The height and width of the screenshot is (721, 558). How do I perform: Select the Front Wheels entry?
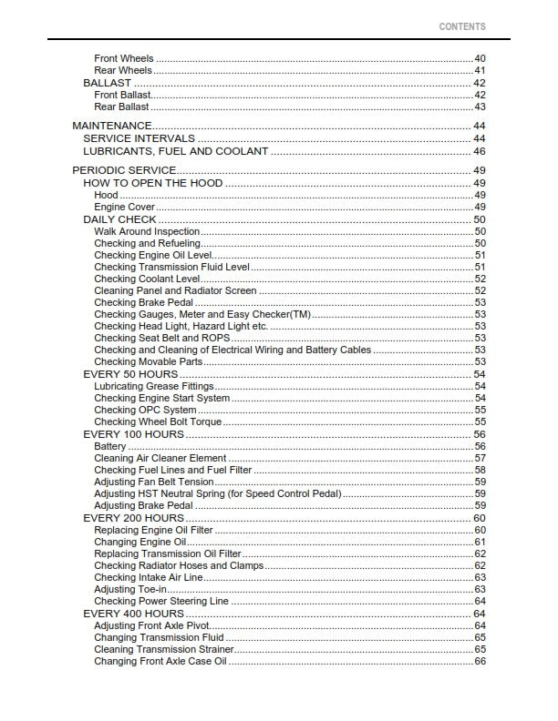tap(124, 59)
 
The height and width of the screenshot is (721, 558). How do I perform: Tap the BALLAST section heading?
tap(108, 83)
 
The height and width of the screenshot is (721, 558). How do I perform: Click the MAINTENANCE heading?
tap(111, 125)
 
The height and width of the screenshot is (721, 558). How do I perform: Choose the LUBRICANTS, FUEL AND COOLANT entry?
tap(175, 151)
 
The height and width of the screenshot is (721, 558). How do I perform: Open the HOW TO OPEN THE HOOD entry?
tap(152, 183)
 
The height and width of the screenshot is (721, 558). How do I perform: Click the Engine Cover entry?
tap(123, 208)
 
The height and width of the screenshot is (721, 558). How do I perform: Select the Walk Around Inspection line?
tap(147, 232)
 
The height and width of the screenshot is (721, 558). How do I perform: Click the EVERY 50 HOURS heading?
tap(130, 374)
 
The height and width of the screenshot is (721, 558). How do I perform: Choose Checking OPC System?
tap(145, 410)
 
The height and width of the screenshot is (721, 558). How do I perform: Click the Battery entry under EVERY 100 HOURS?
tap(110, 446)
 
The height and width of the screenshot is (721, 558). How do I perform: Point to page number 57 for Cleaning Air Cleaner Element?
tap(480, 458)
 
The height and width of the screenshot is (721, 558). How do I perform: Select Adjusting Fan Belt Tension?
tap(154, 482)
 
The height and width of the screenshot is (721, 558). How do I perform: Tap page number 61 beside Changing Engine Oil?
tap(480, 542)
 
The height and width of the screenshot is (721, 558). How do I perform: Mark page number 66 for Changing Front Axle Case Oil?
tap(480, 661)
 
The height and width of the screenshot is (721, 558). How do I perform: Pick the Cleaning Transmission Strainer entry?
tap(164, 649)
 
